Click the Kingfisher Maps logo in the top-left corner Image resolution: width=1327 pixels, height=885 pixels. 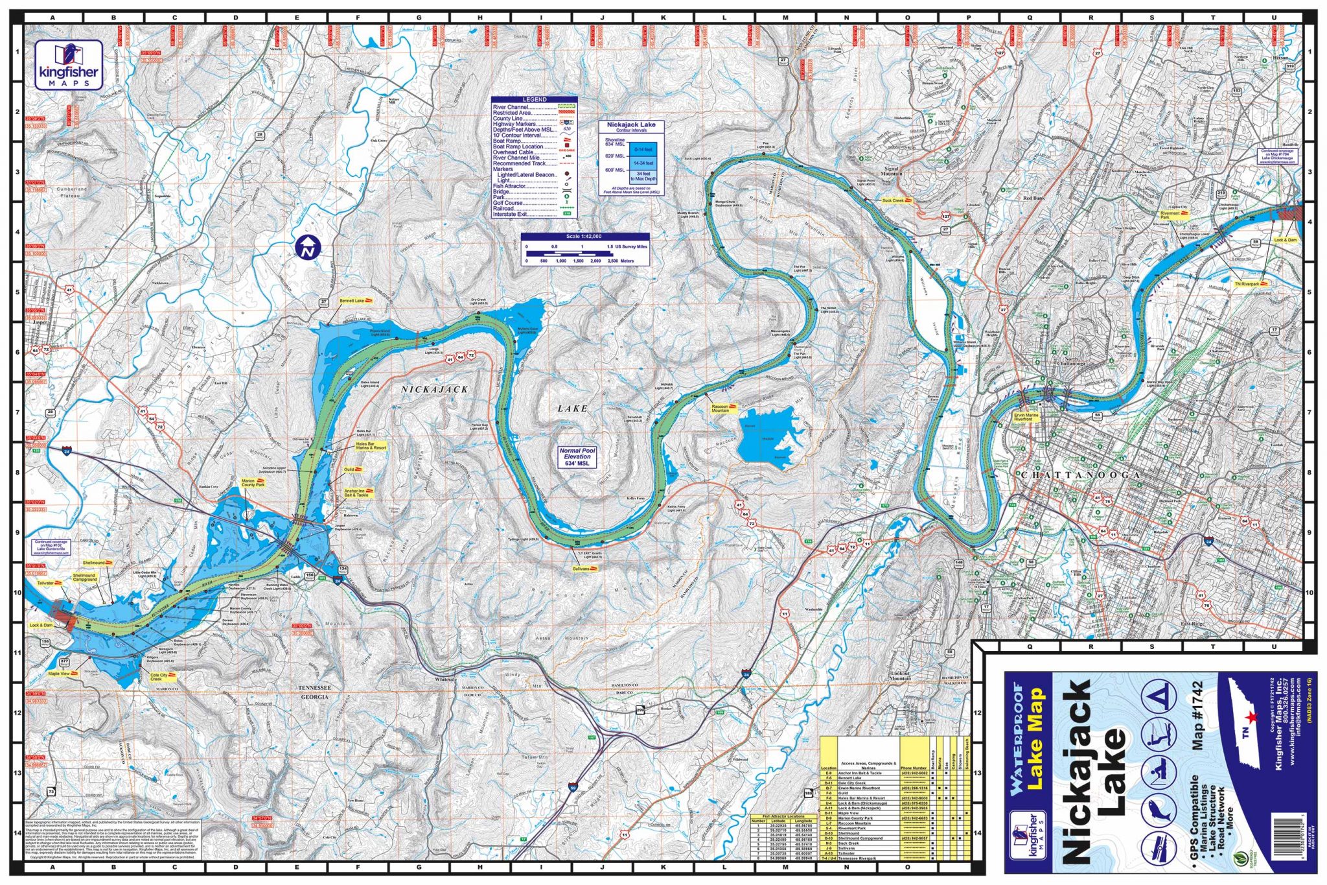tap(69, 65)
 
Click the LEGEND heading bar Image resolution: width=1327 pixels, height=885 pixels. tap(534, 100)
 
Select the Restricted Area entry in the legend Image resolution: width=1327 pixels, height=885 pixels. tap(512, 113)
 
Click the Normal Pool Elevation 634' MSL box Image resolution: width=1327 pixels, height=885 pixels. tap(577, 456)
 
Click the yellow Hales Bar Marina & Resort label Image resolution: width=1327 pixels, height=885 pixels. tap(371, 446)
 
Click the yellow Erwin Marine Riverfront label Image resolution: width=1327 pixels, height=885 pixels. tap(1026, 417)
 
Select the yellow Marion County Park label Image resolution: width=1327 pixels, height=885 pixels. tap(253, 483)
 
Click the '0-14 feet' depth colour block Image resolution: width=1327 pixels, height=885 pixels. tap(643, 150)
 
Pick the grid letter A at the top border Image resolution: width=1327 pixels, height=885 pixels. tap(53, 18)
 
